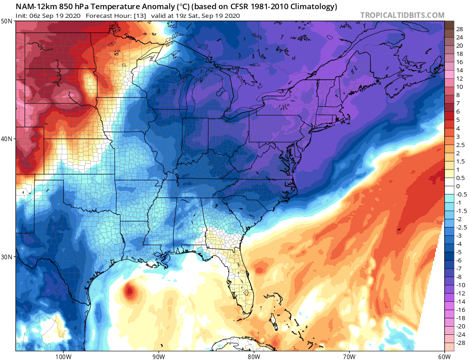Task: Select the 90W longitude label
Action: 158,356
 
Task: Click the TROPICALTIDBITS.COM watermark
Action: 402,15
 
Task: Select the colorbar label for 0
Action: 458,186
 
